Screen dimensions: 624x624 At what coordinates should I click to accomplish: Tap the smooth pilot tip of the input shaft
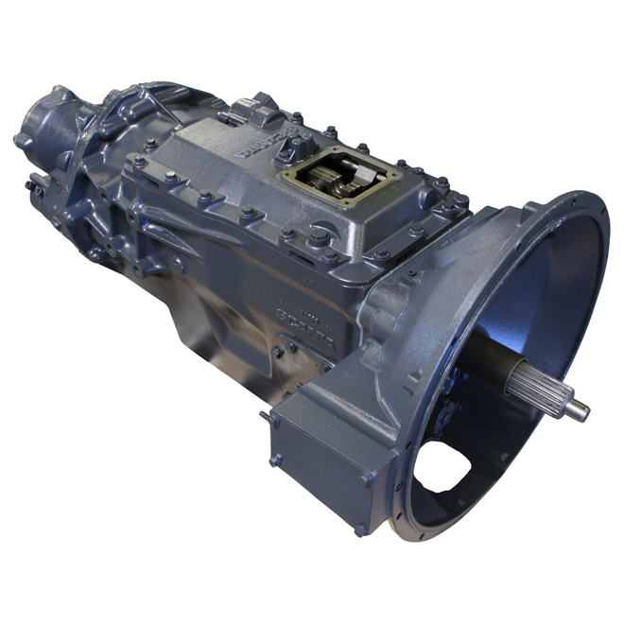(x=576, y=409)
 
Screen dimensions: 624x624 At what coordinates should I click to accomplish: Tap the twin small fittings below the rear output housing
(x=34, y=184)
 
